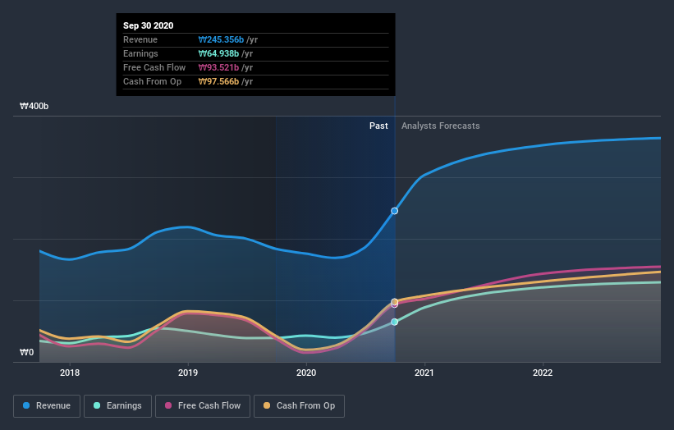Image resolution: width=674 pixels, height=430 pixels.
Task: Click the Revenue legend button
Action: coord(48,405)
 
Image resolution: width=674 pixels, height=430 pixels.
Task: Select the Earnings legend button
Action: coord(117,405)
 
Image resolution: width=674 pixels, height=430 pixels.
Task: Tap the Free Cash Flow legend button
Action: coord(202,405)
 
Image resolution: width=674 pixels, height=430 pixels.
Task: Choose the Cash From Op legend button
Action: coord(299,405)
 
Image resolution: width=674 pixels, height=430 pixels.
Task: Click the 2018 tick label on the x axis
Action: coord(70,373)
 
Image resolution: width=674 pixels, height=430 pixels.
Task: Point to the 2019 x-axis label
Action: coord(188,373)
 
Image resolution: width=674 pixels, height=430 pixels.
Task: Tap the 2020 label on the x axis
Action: coord(306,373)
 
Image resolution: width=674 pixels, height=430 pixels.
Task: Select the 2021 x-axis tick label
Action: coord(424,373)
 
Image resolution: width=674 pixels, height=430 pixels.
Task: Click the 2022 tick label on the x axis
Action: coord(543,373)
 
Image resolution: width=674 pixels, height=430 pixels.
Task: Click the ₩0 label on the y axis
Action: coord(27,352)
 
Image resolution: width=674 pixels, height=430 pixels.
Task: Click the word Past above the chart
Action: coord(378,126)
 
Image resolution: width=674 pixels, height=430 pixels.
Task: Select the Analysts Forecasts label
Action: coord(440,126)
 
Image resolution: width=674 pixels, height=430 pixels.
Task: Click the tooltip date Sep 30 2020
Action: coord(149,26)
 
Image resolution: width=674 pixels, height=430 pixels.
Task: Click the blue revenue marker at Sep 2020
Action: coord(395,211)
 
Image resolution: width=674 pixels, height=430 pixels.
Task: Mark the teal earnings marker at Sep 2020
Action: coord(395,322)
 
